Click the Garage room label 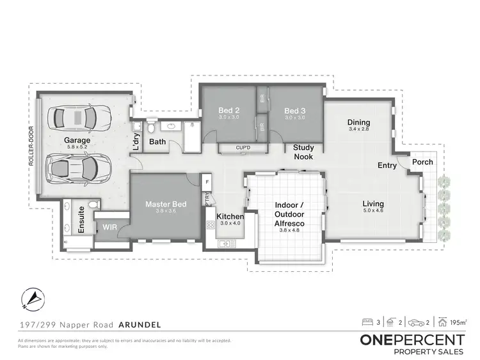pyautogui.click(x=76, y=140)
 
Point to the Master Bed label pyautogui.click(x=166, y=205)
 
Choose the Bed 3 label pyautogui.click(x=294, y=111)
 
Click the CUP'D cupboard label pyautogui.click(x=243, y=148)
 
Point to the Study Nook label pyautogui.click(x=303, y=152)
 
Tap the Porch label pyautogui.click(x=422, y=162)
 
